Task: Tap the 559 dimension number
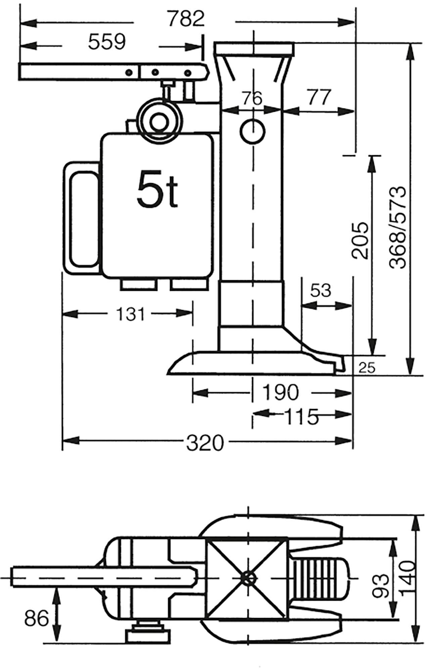pyautogui.click(x=107, y=42)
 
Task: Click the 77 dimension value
pyautogui.click(x=318, y=97)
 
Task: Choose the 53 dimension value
pyautogui.click(x=321, y=290)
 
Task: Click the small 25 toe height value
pyautogui.click(x=367, y=368)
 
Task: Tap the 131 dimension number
pyautogui.click(x=130, y=314)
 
